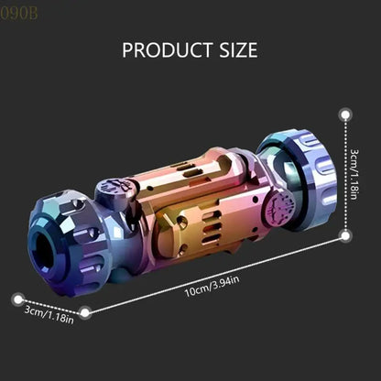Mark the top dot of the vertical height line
346,115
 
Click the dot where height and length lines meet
346,235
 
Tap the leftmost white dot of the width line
16,296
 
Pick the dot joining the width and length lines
85,312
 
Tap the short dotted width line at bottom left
50,304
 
